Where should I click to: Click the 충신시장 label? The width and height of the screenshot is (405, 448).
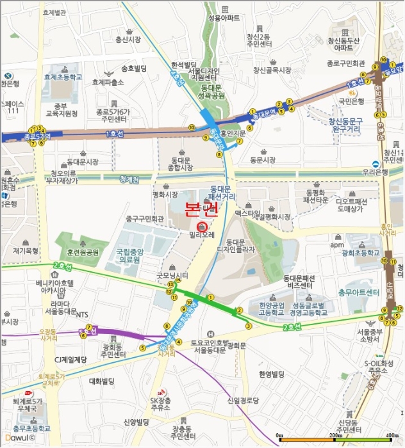coord(127,40)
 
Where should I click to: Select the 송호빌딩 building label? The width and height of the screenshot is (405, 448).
coord(133,68)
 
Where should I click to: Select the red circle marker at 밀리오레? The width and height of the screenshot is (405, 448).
coord(202,227)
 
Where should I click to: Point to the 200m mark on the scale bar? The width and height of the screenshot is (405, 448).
coord(335,435)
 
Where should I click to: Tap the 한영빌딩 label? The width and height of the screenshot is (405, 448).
coord(270,374)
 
